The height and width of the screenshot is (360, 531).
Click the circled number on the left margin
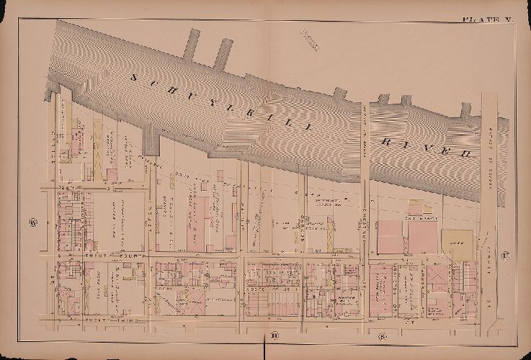coord(32,221)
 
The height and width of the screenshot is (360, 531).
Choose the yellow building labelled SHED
coord(458,245)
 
